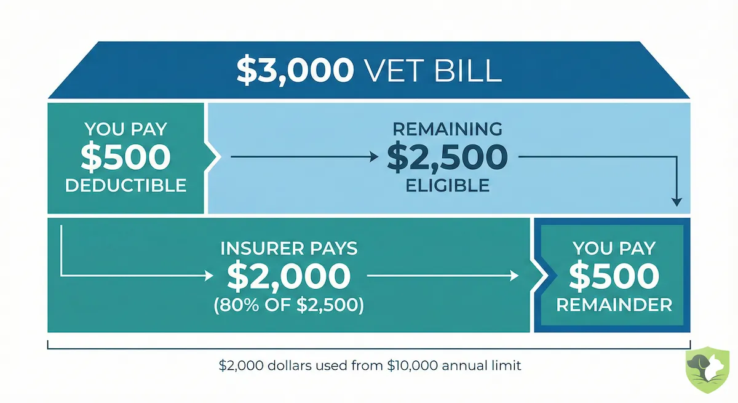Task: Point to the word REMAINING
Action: click(447, 129)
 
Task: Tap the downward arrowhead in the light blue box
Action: click(676, 201)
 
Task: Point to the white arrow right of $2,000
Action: click(443, 277)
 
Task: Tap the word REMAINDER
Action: click(614, 305)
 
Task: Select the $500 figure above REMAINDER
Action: click(614, 277)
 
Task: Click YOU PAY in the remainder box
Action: click(614, 249)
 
